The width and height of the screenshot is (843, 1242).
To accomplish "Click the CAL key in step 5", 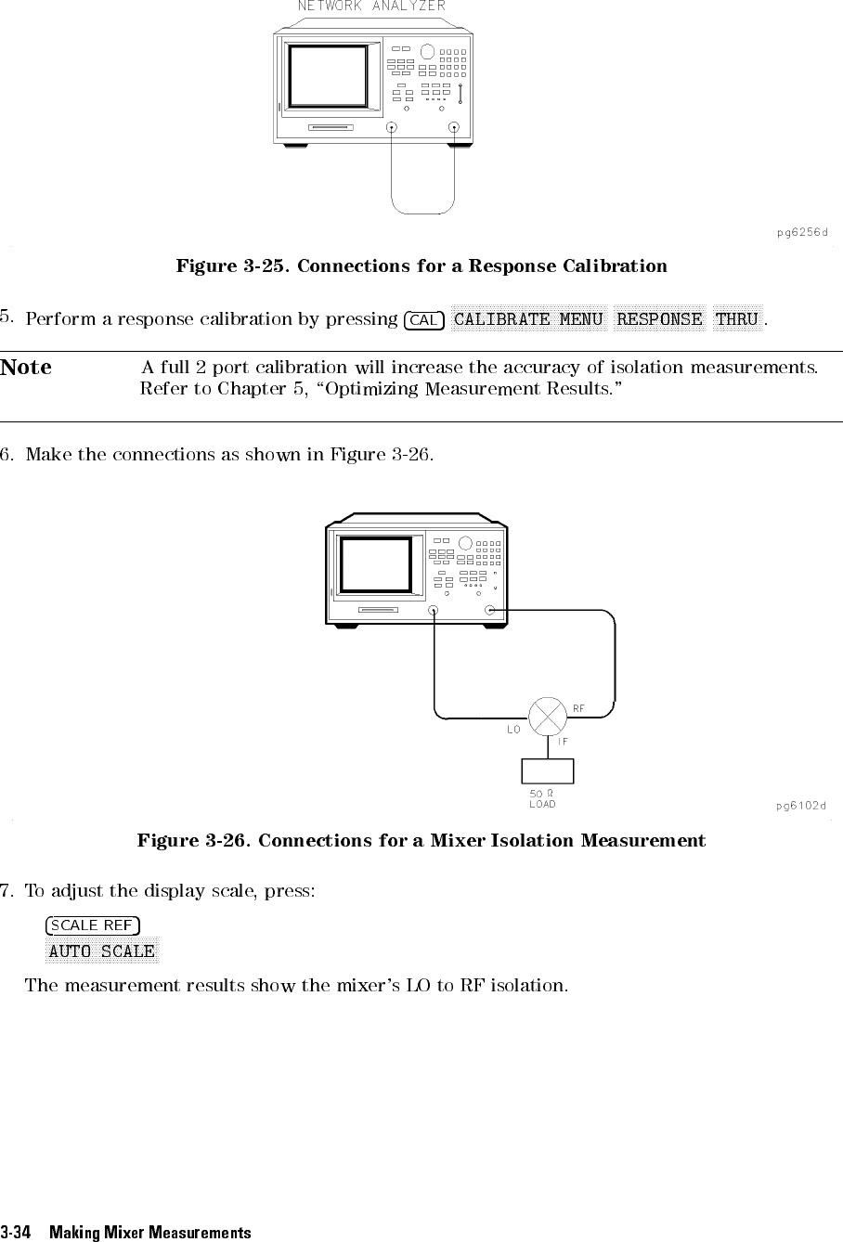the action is pyautogui.click(x=424, y=320).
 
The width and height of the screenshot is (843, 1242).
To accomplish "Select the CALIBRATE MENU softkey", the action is pyautogui.click(x=528, y=318).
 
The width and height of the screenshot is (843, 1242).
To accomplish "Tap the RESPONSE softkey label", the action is pyautogui.click(x=659, y=318).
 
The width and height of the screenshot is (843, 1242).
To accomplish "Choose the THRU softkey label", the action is pyautogui.click(x=737, y=318).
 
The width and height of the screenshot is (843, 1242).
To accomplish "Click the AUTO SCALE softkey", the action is pyautogui.click(x=102, y=951).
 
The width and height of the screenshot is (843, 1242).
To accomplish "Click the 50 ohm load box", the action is pyautogui.click(x=548, y=771).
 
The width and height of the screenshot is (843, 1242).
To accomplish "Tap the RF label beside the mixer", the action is pyautogui.click(x=578, y=708).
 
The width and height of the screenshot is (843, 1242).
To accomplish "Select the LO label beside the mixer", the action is pyautogui.click(x=513, y=729).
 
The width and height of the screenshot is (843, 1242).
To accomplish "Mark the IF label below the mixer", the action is pyautogui.click(x=563, y=742).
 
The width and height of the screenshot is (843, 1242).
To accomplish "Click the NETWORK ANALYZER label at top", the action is pyautogui.click(x=371, y=6).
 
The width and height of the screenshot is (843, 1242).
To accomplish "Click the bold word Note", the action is pyautogui.click(x=26, y=367).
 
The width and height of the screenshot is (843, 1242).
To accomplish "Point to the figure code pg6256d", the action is pyautogui.click(x=802, y=232).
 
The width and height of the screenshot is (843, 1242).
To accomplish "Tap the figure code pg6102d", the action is pyautogui.click(x=801, y=806).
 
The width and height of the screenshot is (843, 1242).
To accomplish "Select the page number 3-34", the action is pyautogui.click(x=15, y=1232).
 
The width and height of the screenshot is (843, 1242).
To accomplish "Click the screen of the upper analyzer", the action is pyautogui.click(x=328, y=76).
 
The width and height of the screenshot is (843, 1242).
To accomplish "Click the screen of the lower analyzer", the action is pyautogui.click(x=375, y=565).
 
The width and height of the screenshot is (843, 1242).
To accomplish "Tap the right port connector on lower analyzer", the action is pyautogui.click(x=489, y=611).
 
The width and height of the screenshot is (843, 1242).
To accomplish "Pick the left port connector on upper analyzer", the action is pyautogui.click(x=392, y=127).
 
